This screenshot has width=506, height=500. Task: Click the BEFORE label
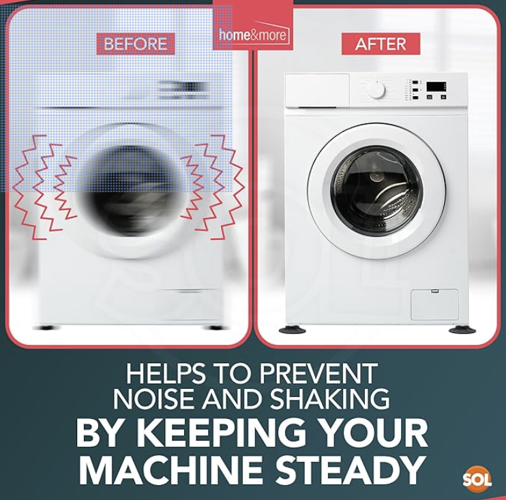[136, 44]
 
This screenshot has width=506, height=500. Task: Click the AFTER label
[381, 44]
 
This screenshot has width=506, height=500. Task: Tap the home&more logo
[253, 33]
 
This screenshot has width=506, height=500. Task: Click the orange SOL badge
[477, 479]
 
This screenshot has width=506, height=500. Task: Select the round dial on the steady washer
[376, 89]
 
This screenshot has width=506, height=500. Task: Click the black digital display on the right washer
[436, 87]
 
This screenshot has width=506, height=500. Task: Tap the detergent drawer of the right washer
[317, 91]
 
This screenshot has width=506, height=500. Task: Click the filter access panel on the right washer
[434, 304]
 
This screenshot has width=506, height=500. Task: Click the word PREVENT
[318, 373]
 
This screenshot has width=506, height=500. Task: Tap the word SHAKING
[330, 399]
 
